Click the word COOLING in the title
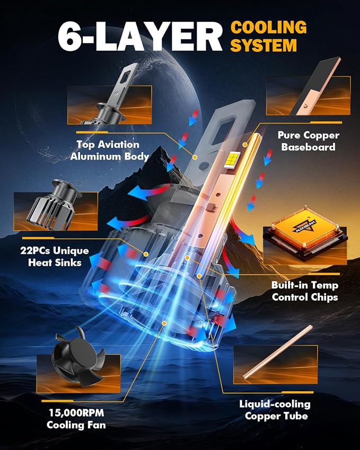coord(268,28)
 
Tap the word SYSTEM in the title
coord(264,46)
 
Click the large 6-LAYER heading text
coord(140,37)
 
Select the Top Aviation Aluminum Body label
coord(109,151)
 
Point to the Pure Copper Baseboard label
coord(309,141)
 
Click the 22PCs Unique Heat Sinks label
coord(55,257)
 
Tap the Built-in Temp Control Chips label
coord(305,291)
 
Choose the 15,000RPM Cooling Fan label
coord(76,419)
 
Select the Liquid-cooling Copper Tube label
coord(275,410)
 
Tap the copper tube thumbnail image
coord(278,352)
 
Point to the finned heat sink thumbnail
coord(55,205)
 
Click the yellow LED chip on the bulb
coord(232,159)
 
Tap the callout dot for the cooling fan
coord(164,323)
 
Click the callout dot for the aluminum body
coord(195,157)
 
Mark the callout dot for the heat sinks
coord(146,254)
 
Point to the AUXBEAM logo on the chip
coord(304,226)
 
